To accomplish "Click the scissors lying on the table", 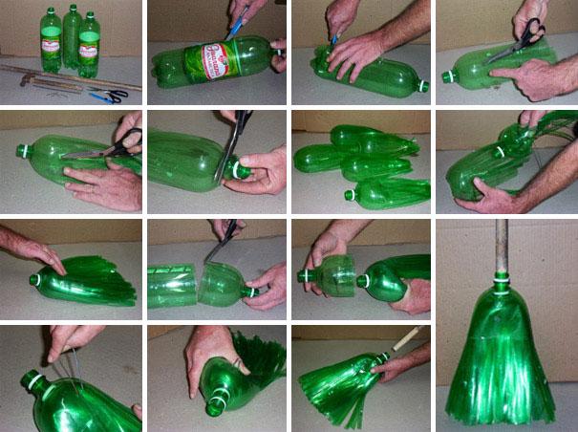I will coord(107,96).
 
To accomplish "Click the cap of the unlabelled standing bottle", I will coord(71,8).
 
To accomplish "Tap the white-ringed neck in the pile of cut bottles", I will coord(351,195).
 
